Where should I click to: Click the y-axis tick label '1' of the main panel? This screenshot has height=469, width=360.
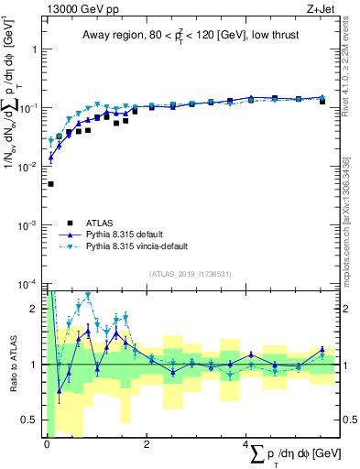coord(36,49)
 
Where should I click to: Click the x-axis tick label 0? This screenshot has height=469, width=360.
coord(46,444)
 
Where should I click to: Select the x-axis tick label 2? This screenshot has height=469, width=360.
coord(146,444)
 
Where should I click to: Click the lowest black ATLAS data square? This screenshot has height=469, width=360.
coord(50,184)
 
